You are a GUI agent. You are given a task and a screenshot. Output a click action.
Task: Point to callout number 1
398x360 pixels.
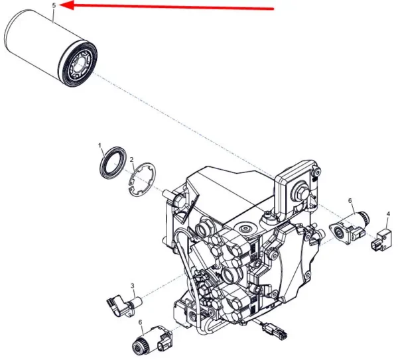(x=100, y=145)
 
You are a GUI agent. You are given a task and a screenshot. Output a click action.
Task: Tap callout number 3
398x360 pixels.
(x=132, y=286)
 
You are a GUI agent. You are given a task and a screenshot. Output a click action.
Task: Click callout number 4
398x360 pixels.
(x=388, y=214)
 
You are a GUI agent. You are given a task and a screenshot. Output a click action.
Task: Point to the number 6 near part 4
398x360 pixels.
(x=350, y=200)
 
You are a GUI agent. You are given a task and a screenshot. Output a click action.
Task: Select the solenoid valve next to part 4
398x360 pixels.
(x=349, y=225)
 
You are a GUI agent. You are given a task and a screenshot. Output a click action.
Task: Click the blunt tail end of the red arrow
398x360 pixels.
(x=272, y=9)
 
